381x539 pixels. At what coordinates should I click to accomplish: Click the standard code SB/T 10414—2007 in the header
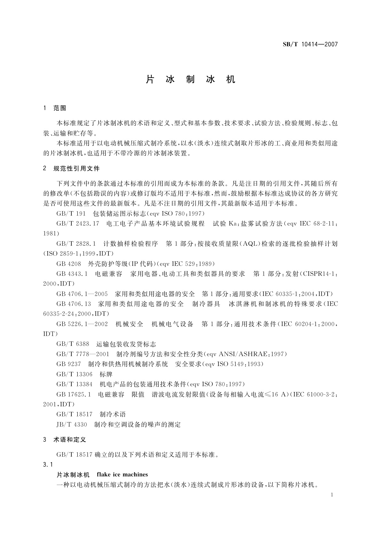coord(310,44)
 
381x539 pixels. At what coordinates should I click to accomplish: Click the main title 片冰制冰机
coord(191,79)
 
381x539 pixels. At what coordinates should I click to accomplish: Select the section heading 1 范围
coord(55,108)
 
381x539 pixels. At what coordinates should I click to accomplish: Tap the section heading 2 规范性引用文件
coord(71,168)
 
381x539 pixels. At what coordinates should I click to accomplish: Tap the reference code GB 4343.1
coord(72,274)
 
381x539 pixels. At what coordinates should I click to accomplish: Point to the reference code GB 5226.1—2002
coord(82,324)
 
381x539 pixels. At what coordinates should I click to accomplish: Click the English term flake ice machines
coord(122,474)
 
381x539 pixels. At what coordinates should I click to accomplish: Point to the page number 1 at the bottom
coord(332,495)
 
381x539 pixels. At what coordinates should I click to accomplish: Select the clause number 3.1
coord(48,464)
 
